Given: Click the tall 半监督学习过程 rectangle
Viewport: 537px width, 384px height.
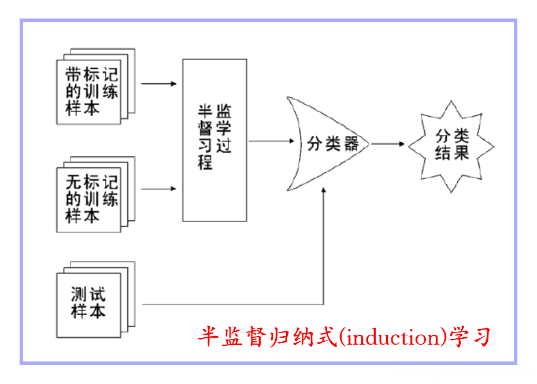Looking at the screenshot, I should pyautogui.click(x=214, y=140).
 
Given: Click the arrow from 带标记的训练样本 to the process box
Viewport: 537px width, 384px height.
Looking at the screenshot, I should pyautogui.click(x=158, y=84).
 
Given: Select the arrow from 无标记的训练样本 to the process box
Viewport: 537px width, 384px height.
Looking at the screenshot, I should pyautogui.click(x=158, y=189).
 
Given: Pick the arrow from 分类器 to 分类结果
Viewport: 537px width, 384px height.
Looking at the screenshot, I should pyautogui.click(x=388, y=143).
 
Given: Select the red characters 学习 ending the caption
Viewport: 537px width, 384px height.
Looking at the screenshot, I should pyautogui.click(x=472, y=336).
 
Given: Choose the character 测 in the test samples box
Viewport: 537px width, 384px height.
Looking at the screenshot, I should pyautogui.click(x=79, y=294).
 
